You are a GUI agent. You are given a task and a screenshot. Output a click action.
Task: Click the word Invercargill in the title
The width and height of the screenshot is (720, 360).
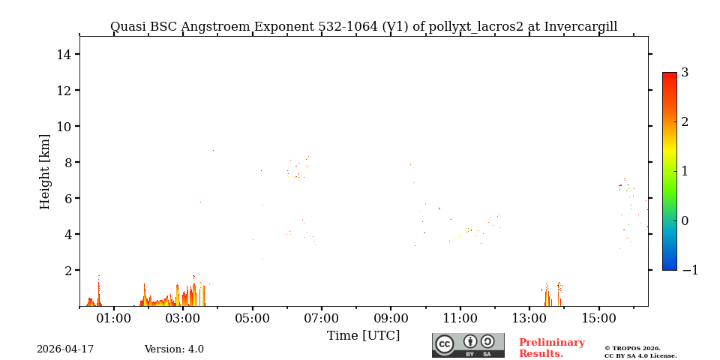tap(580, 27)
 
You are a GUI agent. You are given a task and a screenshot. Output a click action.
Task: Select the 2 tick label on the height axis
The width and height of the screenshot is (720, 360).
tap(67, 270)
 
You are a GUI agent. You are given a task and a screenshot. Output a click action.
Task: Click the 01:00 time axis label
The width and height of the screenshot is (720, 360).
tap(114, 319)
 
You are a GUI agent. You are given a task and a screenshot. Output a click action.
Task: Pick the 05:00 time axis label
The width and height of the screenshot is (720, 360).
tap(253, 319)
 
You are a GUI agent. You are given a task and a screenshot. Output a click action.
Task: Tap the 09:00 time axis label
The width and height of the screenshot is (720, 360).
tap(391, 319)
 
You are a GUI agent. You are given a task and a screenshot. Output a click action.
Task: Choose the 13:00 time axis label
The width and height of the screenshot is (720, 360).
tap(529, 319)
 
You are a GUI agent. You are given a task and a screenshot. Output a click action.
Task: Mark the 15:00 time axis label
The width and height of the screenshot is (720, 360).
tap(599, 319)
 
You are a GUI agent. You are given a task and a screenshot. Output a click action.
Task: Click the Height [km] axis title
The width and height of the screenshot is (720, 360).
tap(45, 171)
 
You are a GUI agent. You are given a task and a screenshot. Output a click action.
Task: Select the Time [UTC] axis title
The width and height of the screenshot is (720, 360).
tap(363, 335)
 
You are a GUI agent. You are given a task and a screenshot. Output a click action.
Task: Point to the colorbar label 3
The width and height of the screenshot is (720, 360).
tap(685, 73)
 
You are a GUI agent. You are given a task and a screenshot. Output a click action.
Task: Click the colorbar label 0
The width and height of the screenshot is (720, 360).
tap(685, 220)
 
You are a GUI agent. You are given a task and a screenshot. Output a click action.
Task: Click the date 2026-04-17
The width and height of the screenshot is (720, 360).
tap(65, 349)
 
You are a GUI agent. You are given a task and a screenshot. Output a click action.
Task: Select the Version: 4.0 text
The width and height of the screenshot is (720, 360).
tap(174, 349)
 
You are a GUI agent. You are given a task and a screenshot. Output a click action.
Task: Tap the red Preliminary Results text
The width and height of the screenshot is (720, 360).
tap(551, 348)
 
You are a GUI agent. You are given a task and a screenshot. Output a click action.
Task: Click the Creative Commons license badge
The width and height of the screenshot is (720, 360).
tap(468, 345)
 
